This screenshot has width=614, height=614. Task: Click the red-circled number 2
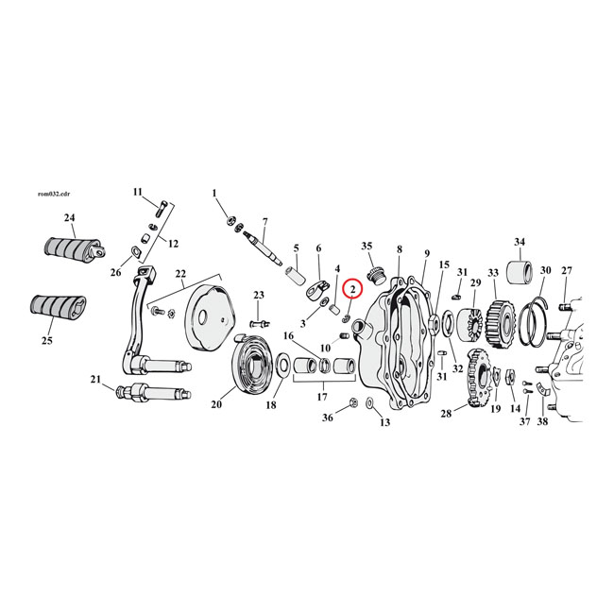353,289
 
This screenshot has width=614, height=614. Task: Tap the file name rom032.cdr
54,195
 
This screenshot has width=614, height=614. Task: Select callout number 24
69,217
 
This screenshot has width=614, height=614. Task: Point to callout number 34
520,242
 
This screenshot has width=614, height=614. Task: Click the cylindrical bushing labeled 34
520,271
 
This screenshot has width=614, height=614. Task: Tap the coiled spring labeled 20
252,360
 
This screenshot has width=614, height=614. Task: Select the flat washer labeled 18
282,365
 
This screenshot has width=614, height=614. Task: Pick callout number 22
180,273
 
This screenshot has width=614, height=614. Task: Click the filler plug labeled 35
376,275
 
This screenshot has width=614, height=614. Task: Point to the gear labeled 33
498,324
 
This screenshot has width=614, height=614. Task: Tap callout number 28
446,413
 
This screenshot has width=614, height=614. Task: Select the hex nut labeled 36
352,402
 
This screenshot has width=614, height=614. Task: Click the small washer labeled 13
369,402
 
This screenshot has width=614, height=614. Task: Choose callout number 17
322,397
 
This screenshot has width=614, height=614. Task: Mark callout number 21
95,379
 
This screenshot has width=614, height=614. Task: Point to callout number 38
542,421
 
